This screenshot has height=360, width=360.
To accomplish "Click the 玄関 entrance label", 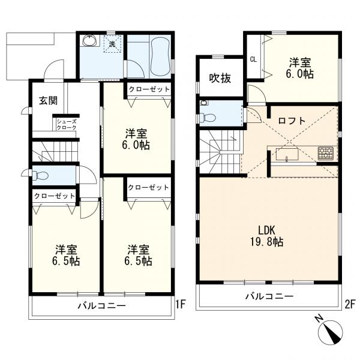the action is pyautogui.click(x=48, y=101).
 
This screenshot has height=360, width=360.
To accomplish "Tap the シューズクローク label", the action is pyautogui.click(x=67, y=124).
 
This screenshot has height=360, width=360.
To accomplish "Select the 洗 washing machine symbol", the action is pyautogui.click(x=112, y=44).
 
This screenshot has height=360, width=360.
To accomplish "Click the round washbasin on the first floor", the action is pyautogui.click(x=90, y=41).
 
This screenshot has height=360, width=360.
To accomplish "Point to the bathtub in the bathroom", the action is pyautogui.click(x=161, y=57).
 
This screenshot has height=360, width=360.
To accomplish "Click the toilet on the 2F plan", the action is pyautogui.click(x=208, y=118).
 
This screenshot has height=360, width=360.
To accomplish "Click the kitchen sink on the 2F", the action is pyautogui.click(x=287, y=154).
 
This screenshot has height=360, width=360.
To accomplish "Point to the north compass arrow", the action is pyautogui.click(x=331, y=332).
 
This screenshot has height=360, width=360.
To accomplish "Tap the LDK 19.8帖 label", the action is pyautogui.click(x=266, y=236).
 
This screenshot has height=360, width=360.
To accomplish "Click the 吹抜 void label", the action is pyautogui.click(x=220, y=79).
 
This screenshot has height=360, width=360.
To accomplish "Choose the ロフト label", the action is pyautogui.click(x=292, y=121).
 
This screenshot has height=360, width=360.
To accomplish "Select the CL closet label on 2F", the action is pyautogui.click(x=253, y=59).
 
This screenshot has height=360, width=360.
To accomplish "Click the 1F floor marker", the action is pyautogui.click(x=181, y=304).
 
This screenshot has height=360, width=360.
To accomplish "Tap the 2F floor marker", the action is pyautogui.click(x=350, y=304).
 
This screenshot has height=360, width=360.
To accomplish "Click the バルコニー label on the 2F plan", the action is pyautogui.click(x=269, y=296).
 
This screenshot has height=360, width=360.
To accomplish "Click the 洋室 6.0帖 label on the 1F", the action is pyautogui.click(x=136, y=139).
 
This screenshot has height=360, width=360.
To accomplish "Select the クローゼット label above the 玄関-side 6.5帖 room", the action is pyautogui.click(x=55, y=196).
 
